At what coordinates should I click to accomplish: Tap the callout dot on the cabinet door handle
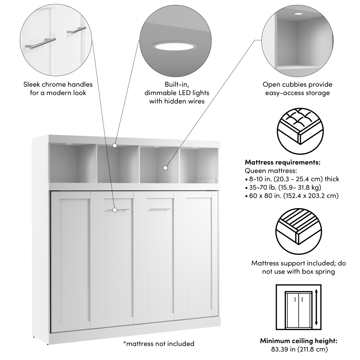pyautogui.click(x=115, y=210)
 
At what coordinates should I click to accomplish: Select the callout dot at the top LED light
pyautogui.click(x=115, y=145)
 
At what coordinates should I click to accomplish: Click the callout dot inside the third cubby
pyautogui.click(x=165, y=168)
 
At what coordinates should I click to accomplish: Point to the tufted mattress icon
pyautogui.click(x=300, y=131)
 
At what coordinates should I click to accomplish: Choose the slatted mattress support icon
pyautogui.click(x=298, y=231)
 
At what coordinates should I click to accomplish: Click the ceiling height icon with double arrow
pyautogui.click(x=298, y=307)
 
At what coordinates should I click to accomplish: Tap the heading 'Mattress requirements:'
pyautogui.click(x=283, y=162)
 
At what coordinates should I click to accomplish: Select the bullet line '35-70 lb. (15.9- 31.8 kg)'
pyautogui.click(x=283, y=187)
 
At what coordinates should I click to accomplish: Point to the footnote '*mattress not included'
pyautogui.click(x=159, y=344)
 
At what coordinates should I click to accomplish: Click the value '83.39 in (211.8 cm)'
pyautogui.click(x=300, y=349)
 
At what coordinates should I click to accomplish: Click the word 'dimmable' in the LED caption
pyautogui.click(x=160, y=93)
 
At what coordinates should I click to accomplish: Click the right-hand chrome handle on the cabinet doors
pyautogui.click(x=160, y=209)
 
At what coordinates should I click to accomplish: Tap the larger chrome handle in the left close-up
pyautogui.click(x=41, y=44)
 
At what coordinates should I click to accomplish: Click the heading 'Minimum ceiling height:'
pyautogui.click(x=298, y=341)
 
